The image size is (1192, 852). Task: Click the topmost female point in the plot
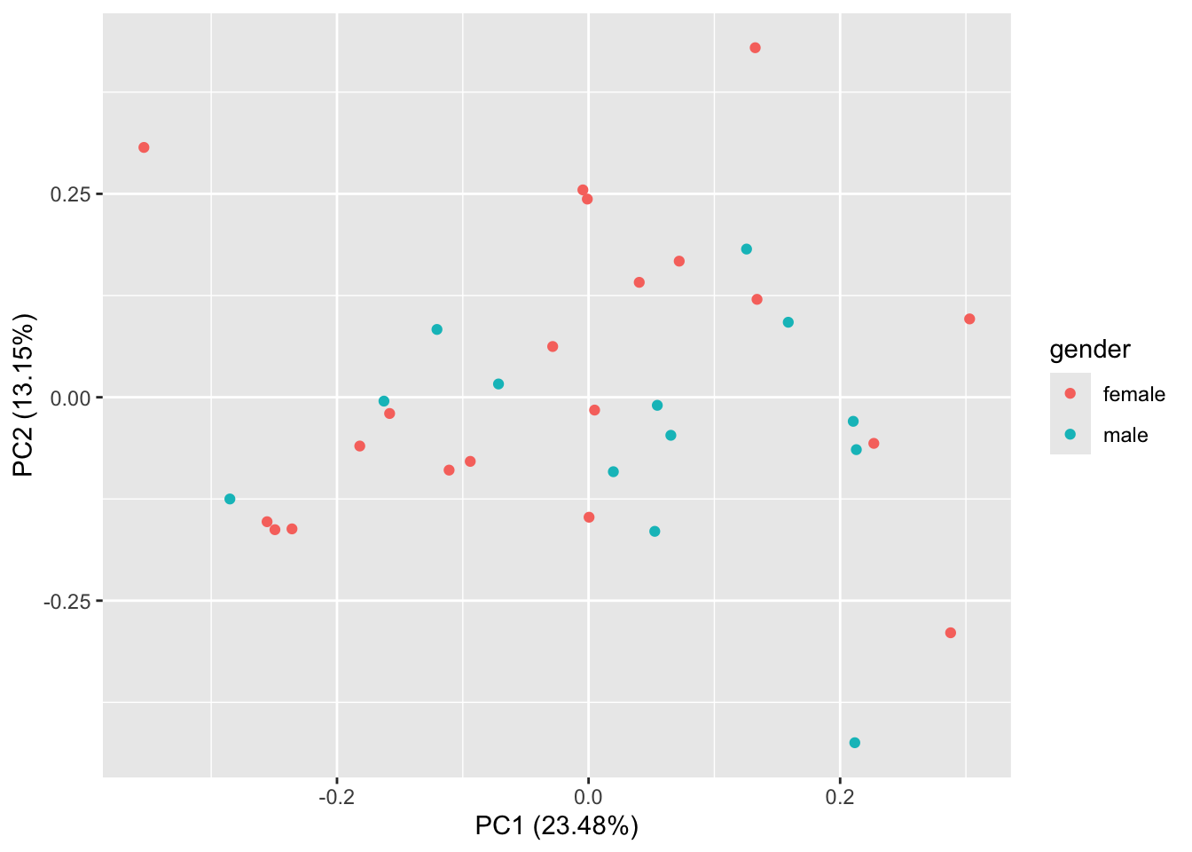pos(755,48)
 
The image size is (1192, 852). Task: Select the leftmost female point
pos(144,147)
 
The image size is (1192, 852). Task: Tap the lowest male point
pos(854,743)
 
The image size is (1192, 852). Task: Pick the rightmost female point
pos(969,319)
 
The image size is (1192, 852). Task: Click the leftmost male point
pos(230,499)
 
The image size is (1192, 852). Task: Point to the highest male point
pos(746,249)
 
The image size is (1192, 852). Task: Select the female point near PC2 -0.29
pos(951,633)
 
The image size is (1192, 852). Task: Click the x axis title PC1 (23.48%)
pos(557,826)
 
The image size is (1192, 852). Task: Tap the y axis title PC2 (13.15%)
pos(25,395)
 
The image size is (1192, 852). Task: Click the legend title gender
pos(1090,350)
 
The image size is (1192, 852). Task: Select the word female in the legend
pos(1133,394)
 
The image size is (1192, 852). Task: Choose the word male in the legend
pos(1125,435)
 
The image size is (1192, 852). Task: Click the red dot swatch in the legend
pos(1070,393)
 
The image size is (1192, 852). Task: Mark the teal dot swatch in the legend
pos(1070,434)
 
